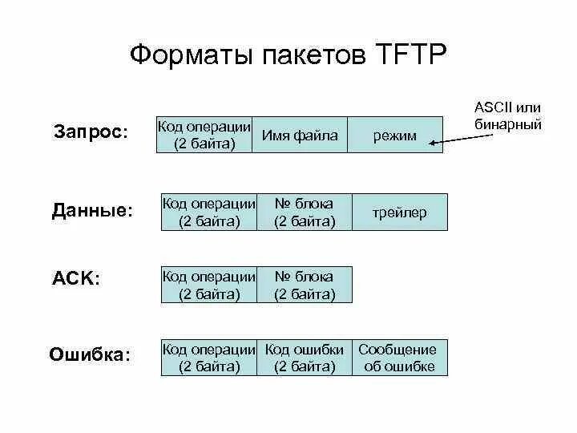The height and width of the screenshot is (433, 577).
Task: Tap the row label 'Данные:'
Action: pyautogui.click(x=92, y=211)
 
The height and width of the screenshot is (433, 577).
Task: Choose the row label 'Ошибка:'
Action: pyautogui.click(x=90, y=354)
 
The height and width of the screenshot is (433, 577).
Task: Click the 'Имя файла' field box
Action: pyautogui.click(x=300, y=136)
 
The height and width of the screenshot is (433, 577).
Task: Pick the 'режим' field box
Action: pyautogui.click(x=395, y=136)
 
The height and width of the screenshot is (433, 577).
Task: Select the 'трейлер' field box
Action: pyautogui.click(x=400, y=212)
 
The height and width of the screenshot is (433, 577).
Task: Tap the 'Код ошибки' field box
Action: pyautogui.click(x=305, y=358)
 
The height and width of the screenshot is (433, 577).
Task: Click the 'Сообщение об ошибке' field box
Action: pyautogui.click(x=398, y=358)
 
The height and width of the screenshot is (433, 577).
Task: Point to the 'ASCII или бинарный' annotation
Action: pyautogui.click(x=507, y=116)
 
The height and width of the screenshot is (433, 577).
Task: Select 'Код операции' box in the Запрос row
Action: pyautogui.click(x=204, y=136)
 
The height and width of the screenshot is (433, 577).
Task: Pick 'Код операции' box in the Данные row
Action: pyautogui.click(x=209, y=212)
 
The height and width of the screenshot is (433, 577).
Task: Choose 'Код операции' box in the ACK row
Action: pyautogui.click(x=209, y=285)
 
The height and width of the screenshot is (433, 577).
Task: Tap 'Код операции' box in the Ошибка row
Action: pyautogui.click(x=209, y=358)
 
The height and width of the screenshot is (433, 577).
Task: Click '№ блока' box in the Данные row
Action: pyautogui.click(x=305, y=212)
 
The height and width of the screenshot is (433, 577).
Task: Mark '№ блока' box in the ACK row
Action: pyautogui.click(x=305, y=285)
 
